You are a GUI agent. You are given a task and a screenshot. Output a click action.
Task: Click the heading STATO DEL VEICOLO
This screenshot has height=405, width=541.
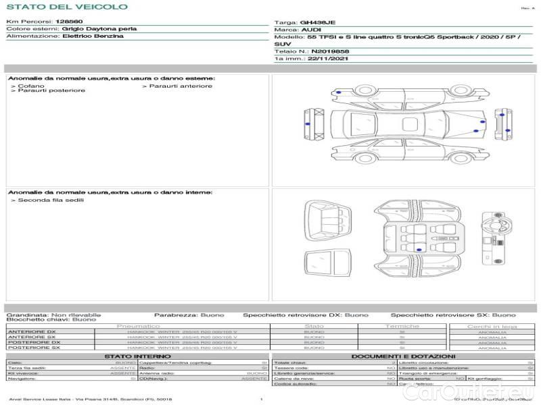click(67, 7)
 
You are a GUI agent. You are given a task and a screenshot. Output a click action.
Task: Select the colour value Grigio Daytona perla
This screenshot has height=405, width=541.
click(99, 29)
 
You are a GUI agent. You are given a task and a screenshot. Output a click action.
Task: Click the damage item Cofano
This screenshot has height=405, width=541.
click(32, 86)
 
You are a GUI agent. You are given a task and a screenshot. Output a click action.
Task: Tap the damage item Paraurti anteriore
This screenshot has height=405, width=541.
click(180, 86)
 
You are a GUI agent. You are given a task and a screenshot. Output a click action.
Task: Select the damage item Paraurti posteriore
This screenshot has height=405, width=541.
click(51, 91)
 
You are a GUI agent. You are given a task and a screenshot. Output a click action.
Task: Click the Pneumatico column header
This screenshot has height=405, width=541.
click(139, 326)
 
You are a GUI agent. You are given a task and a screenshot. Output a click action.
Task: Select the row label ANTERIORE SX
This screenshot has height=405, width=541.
click(31, 337)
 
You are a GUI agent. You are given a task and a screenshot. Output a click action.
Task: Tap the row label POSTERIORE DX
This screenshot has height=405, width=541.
click(33, 342)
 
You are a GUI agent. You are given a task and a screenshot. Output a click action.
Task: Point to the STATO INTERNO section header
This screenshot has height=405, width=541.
click(137, 356)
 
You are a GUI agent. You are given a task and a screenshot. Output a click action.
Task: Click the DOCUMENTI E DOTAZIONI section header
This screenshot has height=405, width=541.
click(403, 356)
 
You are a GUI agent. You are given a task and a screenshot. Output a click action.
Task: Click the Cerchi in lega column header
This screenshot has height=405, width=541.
click(492, 326)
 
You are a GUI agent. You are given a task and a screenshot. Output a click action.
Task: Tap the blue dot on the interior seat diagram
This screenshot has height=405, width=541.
click(419, 250)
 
